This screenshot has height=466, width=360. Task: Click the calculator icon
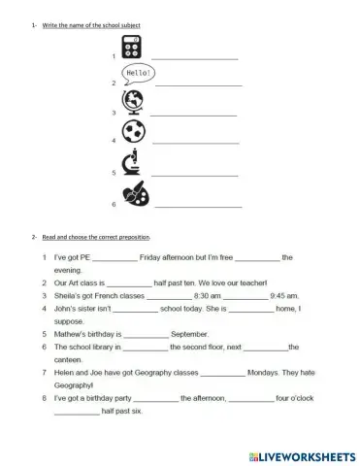tap(129, 50)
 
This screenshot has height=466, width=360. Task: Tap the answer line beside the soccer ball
tap(198, 143)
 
